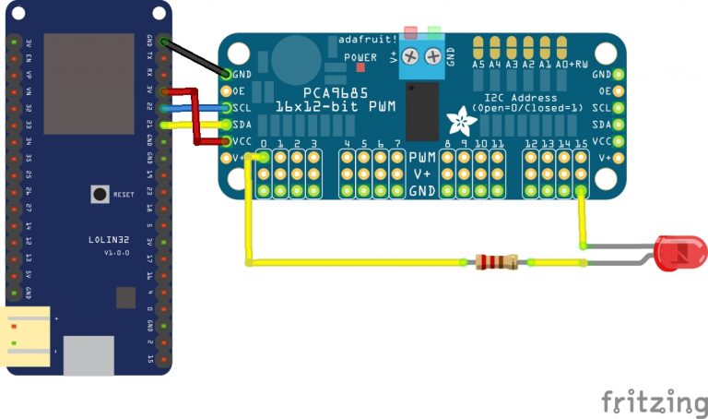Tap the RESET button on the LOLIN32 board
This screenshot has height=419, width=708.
point(97,194)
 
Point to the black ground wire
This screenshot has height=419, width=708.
point(196,57)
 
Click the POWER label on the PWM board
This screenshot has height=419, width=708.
point(360,57)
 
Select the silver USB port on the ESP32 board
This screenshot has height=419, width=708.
point(88,354)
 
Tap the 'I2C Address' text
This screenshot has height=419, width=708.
point(521,98)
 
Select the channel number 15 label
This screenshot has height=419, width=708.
point(581,144)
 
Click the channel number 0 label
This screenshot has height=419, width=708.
point(265,144)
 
